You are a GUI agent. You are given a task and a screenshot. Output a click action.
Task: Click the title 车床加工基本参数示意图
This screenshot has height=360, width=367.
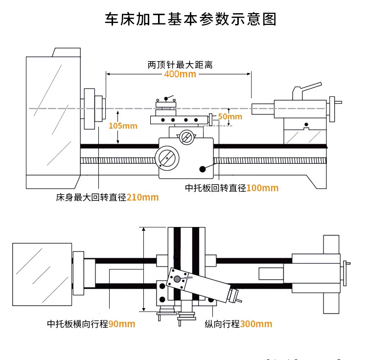click(x=191, y=19)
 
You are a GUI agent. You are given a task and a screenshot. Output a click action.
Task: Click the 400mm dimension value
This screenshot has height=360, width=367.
click(x=180, y=74)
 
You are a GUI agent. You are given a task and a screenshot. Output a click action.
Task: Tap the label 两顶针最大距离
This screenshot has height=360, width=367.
click(x=180, y=65)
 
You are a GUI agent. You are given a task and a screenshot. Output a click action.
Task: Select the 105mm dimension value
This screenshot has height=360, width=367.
click(x=123, y=126)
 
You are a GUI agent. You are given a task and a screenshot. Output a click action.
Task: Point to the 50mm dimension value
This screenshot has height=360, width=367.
click(x=230, y=116)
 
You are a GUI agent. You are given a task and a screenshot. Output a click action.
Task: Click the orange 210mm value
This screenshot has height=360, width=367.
click(x=143, y=198)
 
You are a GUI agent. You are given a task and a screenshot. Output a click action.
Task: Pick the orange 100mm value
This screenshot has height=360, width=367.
click(x=262, y=188)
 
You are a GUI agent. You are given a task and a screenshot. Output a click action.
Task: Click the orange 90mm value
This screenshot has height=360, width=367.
click(x=121, y=324)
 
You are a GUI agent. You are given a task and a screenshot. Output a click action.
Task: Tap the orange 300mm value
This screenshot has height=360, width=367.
click(x=256, y=324)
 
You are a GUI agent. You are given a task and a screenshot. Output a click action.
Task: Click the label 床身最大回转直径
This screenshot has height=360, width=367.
click(x=92, y=198)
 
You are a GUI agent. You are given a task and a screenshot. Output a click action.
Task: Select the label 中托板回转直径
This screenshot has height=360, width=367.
click(x=215, y=188)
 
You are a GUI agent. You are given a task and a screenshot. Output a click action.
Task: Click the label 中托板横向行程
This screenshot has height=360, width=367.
click(x=77, y=324)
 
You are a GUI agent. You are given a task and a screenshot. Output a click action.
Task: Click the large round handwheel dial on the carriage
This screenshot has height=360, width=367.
click(x=166, y=159)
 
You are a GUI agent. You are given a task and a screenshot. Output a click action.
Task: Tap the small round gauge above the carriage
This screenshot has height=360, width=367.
click(x=186, y=137)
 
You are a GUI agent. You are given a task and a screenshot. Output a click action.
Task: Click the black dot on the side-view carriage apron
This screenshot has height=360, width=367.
click(x=203, y=169)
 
